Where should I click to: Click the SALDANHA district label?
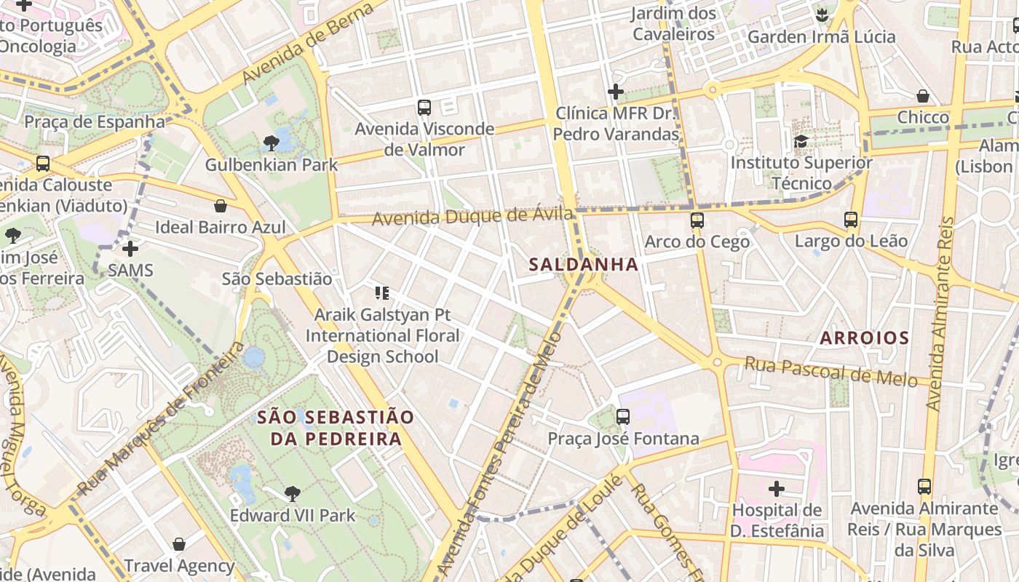pos(584,265)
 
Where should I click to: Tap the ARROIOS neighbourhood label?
pos(864,338)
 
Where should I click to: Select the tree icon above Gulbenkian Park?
pos(271,143)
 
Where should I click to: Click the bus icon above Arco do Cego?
pos(697,220)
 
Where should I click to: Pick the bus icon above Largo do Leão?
pos(850,219)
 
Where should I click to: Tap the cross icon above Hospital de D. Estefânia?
pos(777,488)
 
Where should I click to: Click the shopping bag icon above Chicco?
pos(922,96)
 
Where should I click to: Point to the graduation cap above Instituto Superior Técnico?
pos(801,141)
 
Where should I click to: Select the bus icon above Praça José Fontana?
pos(622,417)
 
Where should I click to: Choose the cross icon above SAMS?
pos(130,250)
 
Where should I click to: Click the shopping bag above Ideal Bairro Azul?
pos(220,206)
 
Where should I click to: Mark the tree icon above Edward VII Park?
pos(292,495)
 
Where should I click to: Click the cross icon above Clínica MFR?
pos(615,92)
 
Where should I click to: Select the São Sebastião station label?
pos(277,279)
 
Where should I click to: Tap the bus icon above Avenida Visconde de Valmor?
pos(424,108)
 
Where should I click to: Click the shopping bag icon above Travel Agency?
pos(178,544)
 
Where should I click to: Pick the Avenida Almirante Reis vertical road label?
pos(940,313)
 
